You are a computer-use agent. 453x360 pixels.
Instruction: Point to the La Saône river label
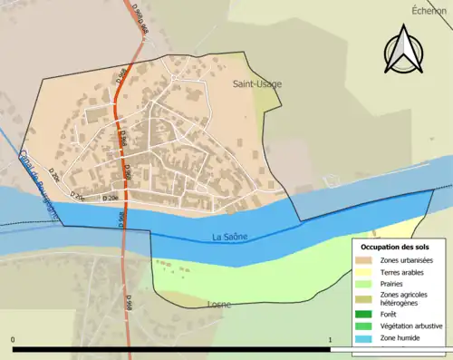(229, 238)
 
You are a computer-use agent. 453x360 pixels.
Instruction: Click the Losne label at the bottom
(219, 305)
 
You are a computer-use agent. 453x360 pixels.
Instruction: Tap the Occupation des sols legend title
(399, 247)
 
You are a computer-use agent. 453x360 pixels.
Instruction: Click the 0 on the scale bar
(13, 339)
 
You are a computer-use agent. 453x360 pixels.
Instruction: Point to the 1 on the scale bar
(331, 339)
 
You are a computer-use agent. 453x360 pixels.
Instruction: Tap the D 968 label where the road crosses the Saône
(120, 219)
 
